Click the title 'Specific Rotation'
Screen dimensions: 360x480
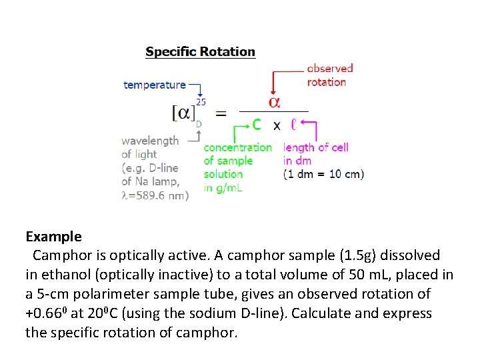click(x=200, y=51)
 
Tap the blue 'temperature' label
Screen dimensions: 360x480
click(x=155, y=85)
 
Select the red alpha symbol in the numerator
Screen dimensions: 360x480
click(x=273, y=102)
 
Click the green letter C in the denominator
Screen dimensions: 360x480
click(x=257, y=125)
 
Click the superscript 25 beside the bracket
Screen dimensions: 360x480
click(x=201, y=102)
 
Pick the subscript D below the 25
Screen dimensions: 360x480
click(x=199, y=123)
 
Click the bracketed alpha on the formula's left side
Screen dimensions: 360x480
click(x=183, y=113)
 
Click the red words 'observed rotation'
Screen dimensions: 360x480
click(x=329, y=75)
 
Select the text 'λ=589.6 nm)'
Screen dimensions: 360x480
click(x=155, y=195)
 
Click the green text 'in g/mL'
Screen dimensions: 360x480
click(x=223, y=188)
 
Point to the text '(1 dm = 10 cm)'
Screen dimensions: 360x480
click(x=323, y=174)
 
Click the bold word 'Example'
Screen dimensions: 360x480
click(x=53, y=236)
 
